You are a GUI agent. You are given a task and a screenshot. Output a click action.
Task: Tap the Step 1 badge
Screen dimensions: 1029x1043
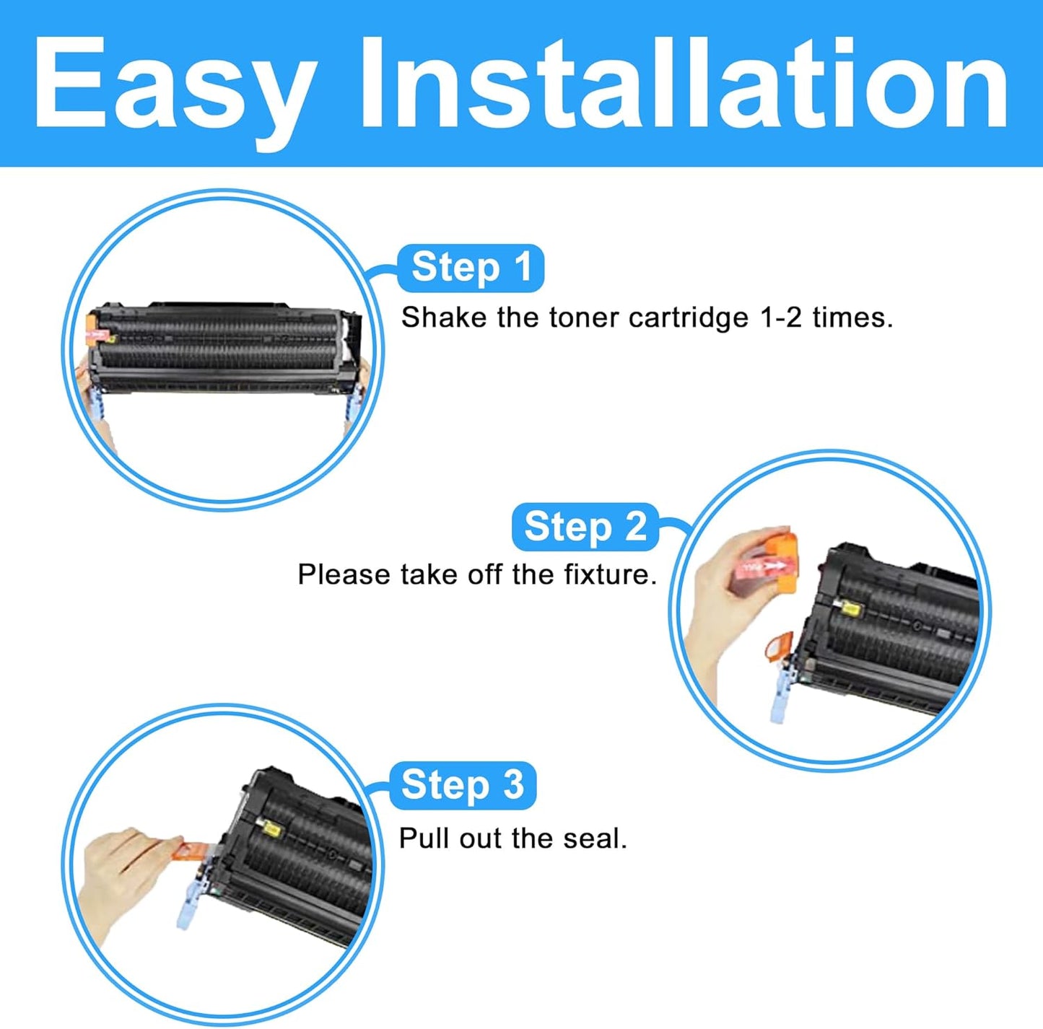tap(471, 268)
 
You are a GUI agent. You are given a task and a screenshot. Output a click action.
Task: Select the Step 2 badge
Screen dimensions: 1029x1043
tap(585, 526)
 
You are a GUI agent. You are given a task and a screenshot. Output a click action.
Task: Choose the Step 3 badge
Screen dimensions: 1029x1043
tap(462, 785)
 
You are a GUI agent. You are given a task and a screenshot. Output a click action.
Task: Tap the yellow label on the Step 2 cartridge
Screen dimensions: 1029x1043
tap(850, 610)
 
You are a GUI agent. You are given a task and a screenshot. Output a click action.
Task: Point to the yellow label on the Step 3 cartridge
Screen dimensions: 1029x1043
tap(271, 831)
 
